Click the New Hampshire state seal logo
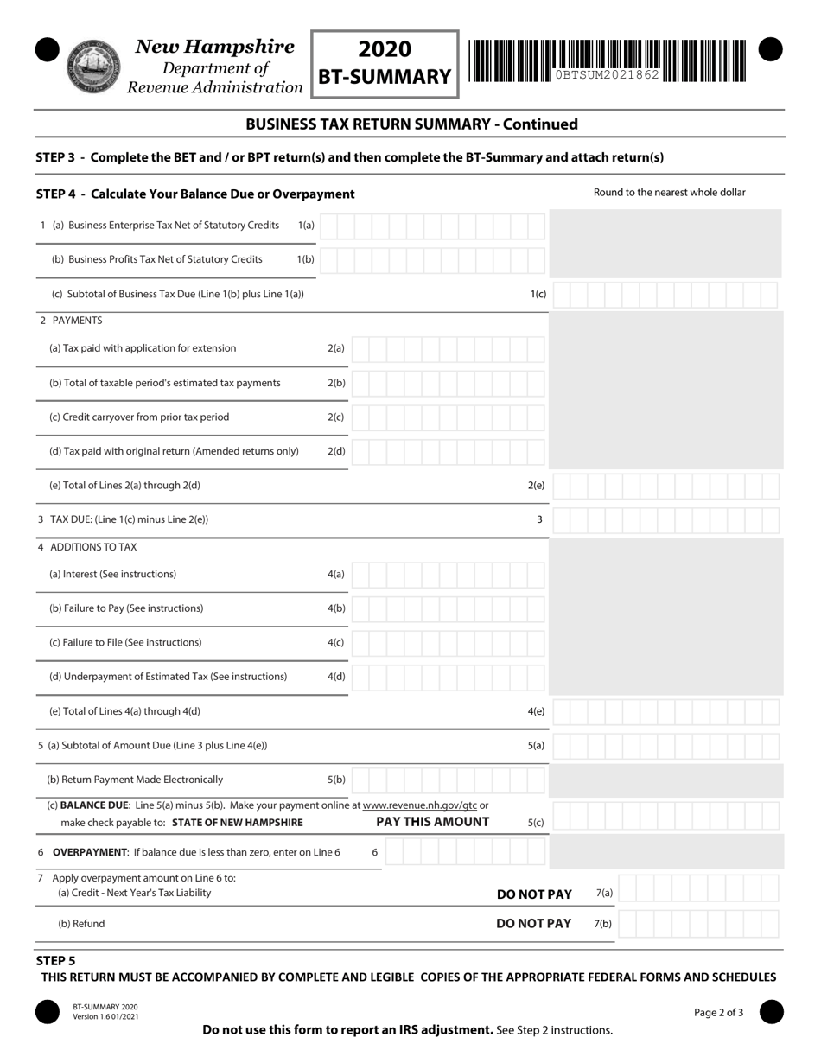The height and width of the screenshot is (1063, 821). click(x=94, y=66)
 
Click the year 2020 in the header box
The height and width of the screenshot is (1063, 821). click(x=385, y=49)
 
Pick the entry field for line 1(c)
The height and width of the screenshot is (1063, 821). click(x=665, y=295)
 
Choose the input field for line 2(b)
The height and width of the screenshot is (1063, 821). click(x=448, y=383)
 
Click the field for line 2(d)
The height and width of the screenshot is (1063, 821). click(x=448, y=451)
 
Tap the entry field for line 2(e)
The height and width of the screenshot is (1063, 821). click(x=665, y=486)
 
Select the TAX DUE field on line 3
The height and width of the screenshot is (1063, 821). click(x=665, y=520)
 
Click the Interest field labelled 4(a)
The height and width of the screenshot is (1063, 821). click(x=448, y=575)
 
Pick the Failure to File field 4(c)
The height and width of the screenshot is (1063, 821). click(x=448, y=643)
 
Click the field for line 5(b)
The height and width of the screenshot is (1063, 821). click(x=448, y=780)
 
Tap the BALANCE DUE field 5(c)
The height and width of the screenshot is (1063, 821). click(x=665, y=815)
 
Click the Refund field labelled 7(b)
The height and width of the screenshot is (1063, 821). click(x=698, y=924)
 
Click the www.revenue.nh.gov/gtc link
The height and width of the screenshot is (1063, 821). click(x=420, y=805)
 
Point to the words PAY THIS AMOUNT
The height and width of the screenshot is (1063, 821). click(x=433, y=822)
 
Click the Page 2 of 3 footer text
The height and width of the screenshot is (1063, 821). click(x=718, y=1013)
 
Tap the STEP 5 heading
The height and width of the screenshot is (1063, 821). click(x=55, y=960)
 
